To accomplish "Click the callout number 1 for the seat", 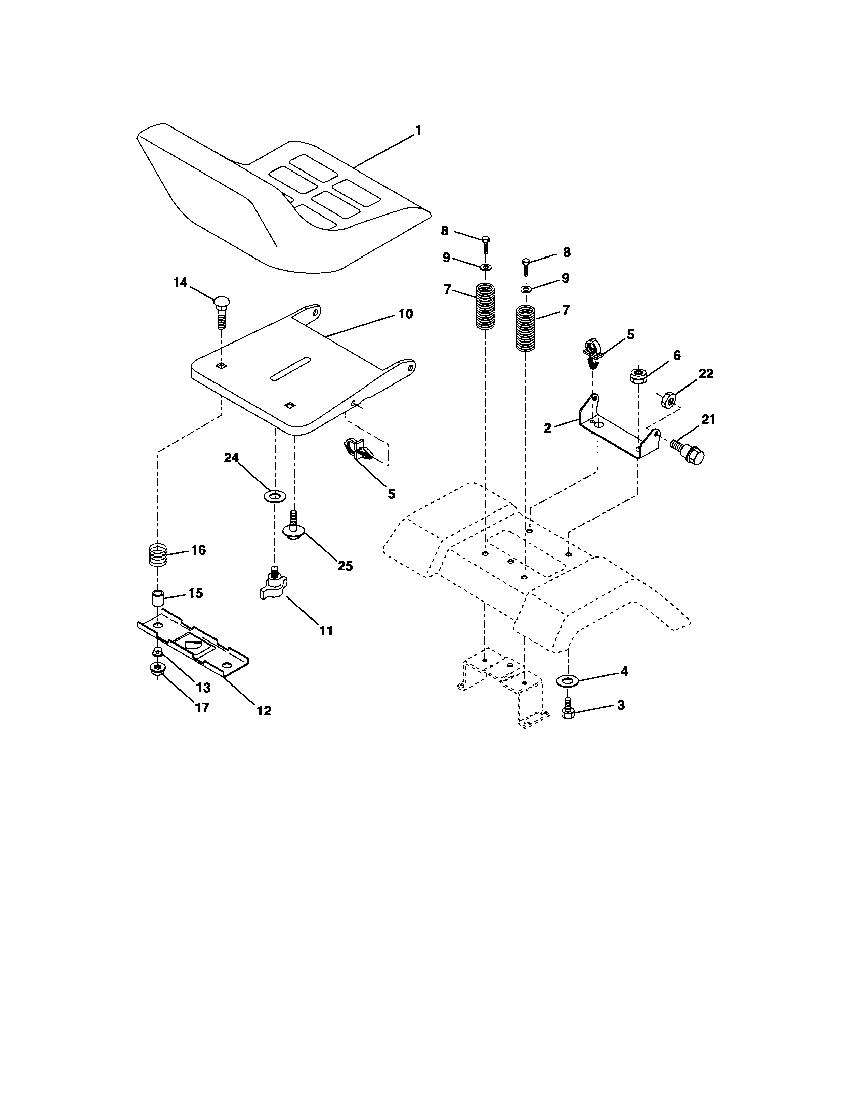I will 418,131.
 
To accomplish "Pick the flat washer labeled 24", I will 275,495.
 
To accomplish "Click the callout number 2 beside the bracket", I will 548,427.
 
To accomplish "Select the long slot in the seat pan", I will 291,367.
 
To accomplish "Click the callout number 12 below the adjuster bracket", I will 264,711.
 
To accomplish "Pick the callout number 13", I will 203,688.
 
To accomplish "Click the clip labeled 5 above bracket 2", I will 591,353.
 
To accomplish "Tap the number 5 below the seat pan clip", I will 391,494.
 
